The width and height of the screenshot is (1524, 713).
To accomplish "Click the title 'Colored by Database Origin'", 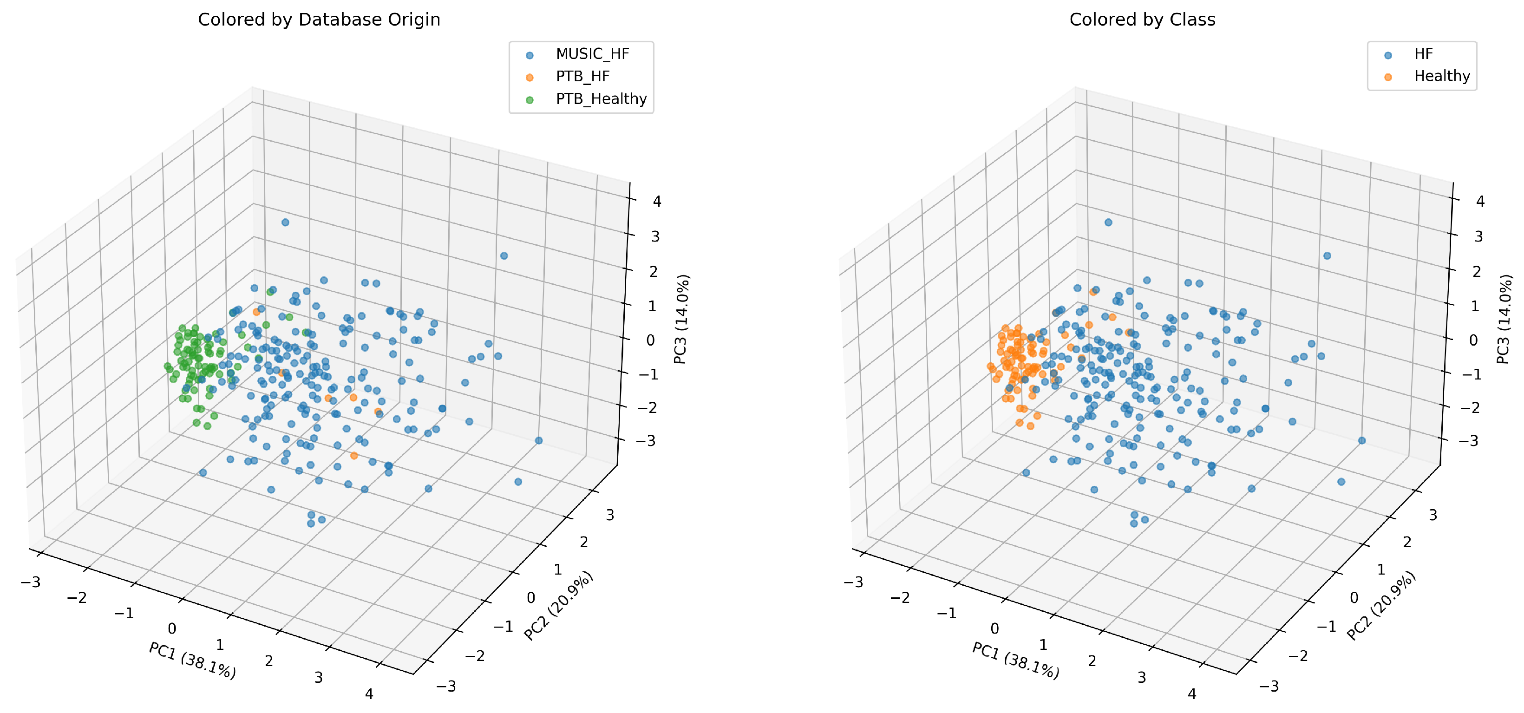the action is (319, 20).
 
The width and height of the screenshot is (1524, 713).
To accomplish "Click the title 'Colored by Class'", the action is (1142, 20).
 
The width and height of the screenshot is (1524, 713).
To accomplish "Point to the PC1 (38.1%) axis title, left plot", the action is (192, 660).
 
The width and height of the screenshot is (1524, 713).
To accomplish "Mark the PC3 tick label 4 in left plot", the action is (657, 201).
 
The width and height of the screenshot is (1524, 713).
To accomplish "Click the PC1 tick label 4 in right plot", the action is (1191, 693).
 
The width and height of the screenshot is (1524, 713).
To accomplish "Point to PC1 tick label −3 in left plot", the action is (30, 582).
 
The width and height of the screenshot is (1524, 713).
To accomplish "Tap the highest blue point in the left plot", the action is (285, 222).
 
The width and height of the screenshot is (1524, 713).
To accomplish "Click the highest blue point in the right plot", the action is (1108, 222).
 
